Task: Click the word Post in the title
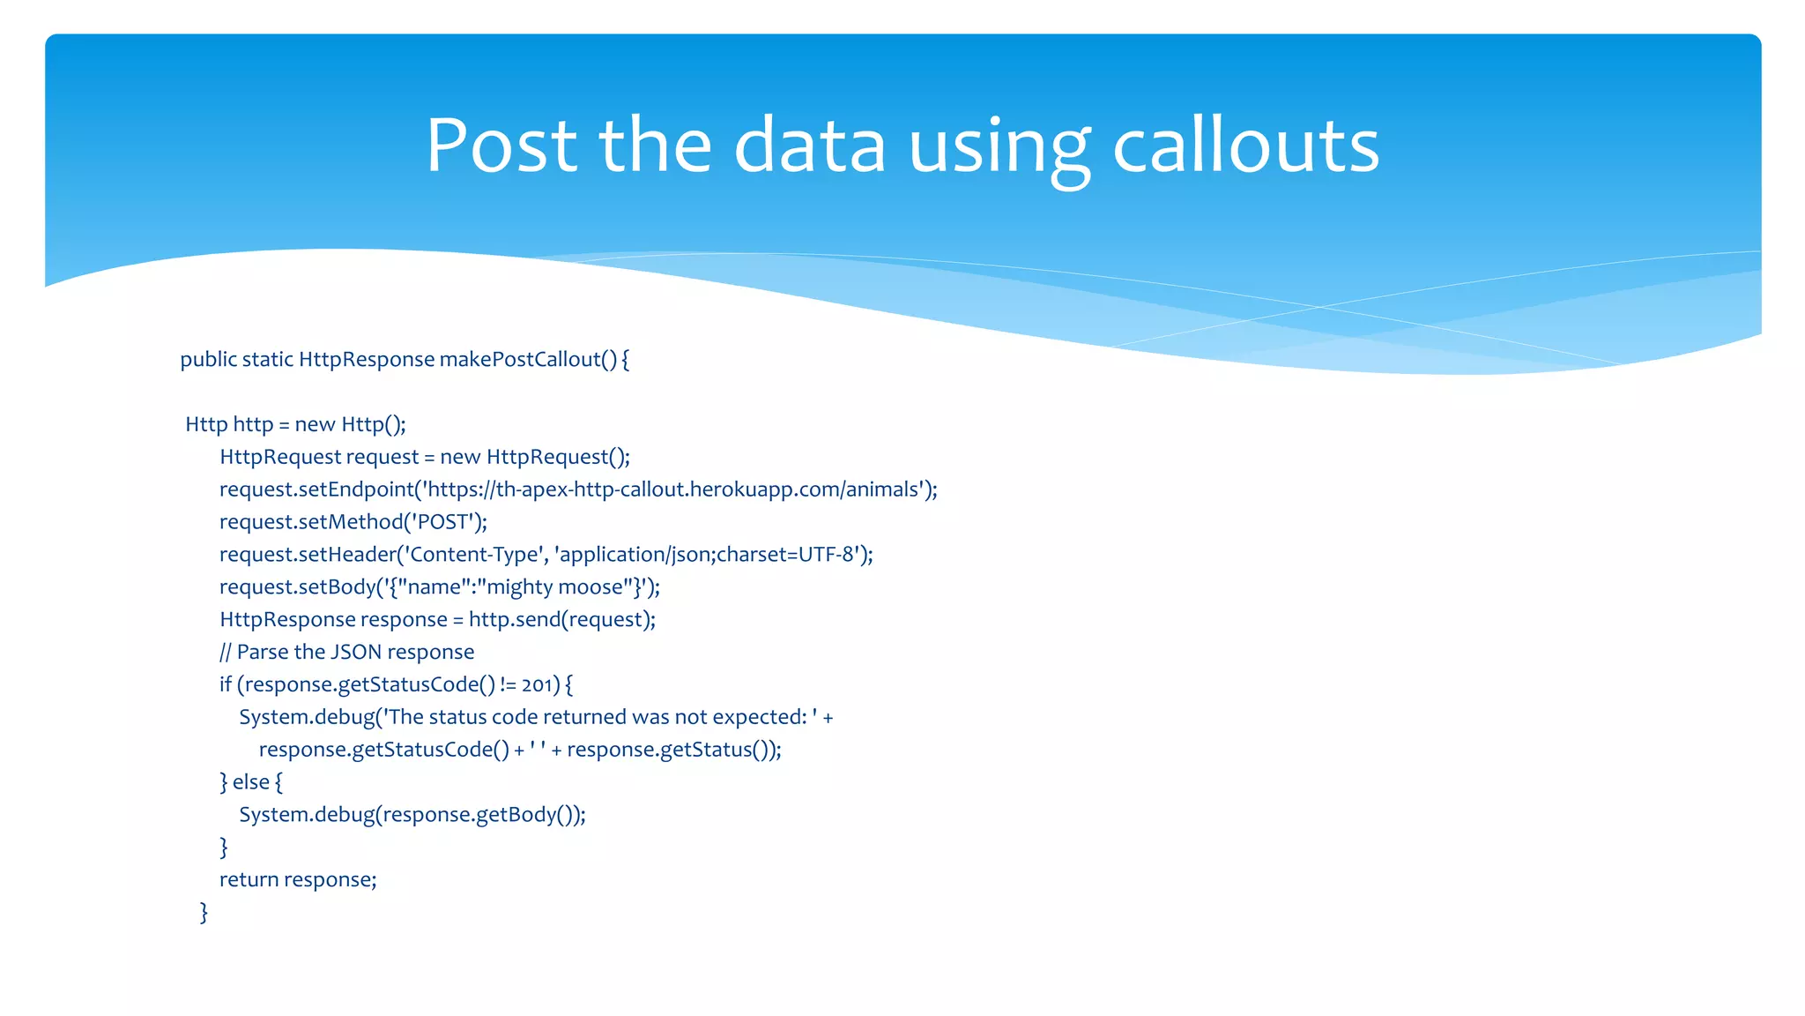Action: (x=501, y=146)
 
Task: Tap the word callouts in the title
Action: (x=1245, y=146)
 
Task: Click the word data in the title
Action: (x=809, y=146)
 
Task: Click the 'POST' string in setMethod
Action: (x=443, y=522)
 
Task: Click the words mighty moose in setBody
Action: (x=554, y=587)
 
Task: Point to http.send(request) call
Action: (x=561, y=620)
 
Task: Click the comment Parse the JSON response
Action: (x=355, y=653)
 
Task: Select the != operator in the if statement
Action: (x=508, y=685)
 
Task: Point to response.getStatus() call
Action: (x=672, y=750)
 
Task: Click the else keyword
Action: (x=251, y=782)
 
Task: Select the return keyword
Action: (x=249, y=880)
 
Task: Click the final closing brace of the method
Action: (x=204, y=912)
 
